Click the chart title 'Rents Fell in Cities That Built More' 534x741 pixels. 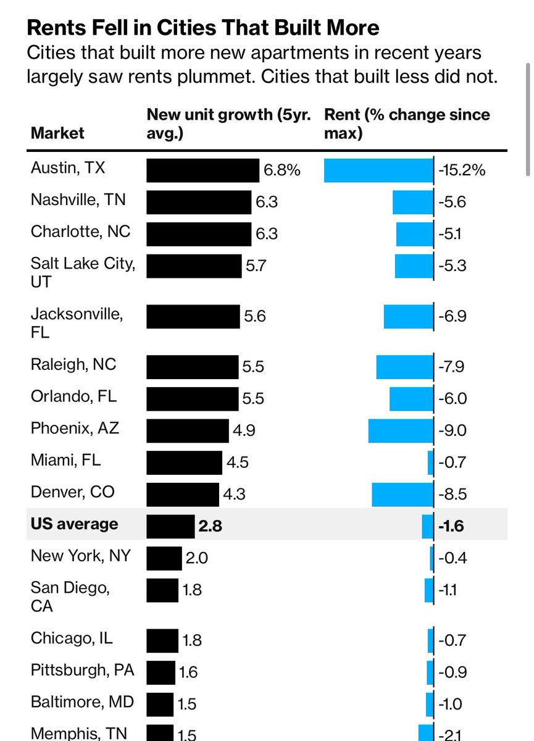click(203, 28)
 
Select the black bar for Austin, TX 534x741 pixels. click(202, 170)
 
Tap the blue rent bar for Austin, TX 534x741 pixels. click(378, 170)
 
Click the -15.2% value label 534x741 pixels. click(461, 170)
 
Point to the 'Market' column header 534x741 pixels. click(57, 133)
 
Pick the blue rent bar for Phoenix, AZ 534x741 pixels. click(401, 430)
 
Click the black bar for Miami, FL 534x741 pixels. click(184, 462)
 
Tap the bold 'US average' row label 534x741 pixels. click(74, 524)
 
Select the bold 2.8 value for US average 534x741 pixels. click(210, 526)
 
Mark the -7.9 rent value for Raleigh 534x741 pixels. click(452, 367)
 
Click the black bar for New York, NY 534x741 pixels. click(164, 558)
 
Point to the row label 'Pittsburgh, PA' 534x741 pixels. click(82, 669)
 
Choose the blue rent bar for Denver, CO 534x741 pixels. click(403, 493)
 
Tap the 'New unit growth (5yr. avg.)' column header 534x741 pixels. click(228, 124)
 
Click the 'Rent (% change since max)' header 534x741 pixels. click(407, 124)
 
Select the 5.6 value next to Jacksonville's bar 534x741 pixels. click(255, 316)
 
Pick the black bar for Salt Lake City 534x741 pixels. click(194, 266)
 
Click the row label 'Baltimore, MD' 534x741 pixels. click(82, 701)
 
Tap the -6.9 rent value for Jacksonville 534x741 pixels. click(452, 316)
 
